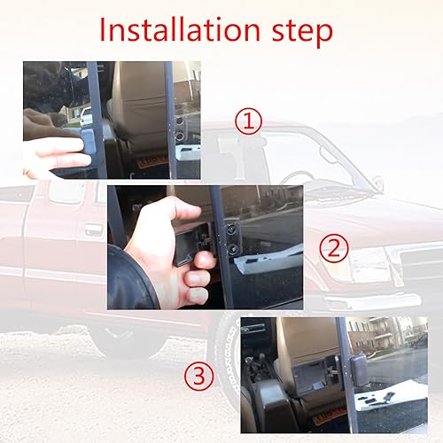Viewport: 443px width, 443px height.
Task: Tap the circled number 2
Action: [x=333, y=247]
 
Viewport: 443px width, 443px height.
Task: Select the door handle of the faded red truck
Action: [x=92, y=230]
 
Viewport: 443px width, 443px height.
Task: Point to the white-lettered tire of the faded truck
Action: [x=225, y=354]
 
